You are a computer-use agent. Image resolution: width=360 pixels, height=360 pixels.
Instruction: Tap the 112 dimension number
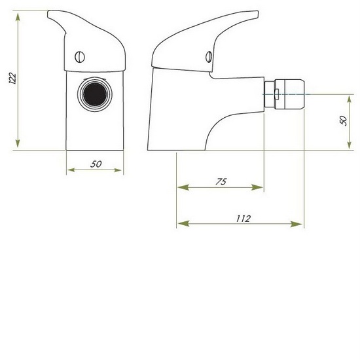click(x=242, y=219)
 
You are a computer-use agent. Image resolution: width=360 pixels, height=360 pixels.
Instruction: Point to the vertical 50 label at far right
click(x=345, y=122)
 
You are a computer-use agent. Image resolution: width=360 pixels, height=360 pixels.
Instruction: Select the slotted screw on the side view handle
click(x=209, y=56)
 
